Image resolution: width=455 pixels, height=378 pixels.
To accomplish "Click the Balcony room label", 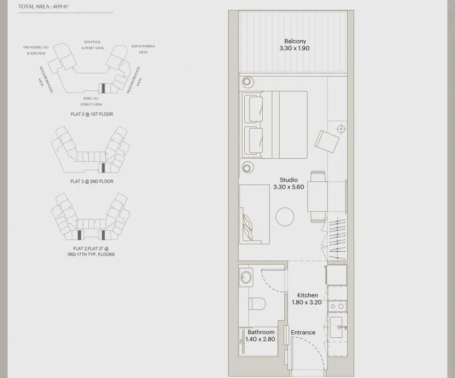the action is point(295,41).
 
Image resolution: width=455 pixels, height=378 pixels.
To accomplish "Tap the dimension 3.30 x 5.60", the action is point(288,187).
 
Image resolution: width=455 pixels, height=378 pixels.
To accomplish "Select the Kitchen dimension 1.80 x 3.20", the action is point(307,302).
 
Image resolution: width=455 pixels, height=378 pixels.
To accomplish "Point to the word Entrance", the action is point(303,333).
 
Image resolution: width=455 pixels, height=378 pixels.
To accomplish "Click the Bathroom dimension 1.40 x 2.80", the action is point(260,339).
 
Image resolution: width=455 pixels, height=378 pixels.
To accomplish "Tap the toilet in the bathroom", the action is point(257,304).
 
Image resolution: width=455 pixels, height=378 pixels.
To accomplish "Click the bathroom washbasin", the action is point(246,277).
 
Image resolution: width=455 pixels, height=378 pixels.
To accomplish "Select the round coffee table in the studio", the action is point(284,217).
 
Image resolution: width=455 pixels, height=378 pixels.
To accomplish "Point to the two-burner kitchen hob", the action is point(337,306).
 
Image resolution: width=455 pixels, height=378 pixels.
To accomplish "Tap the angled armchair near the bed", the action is point(327,141).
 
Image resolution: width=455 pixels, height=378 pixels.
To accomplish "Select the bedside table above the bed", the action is point(247,82).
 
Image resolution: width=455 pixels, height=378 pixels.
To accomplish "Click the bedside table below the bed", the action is point(248,167).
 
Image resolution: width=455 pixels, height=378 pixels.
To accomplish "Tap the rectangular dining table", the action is point(317,197).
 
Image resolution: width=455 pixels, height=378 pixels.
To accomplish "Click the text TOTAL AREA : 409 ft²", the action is point(43,7).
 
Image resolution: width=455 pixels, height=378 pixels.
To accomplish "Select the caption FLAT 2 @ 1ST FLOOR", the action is point(92,114).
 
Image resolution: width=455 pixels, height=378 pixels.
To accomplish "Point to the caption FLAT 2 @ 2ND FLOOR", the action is point(92,181).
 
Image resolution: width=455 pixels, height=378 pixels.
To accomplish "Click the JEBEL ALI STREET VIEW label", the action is point(91,101).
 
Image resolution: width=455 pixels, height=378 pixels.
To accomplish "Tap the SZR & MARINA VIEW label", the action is point(143,49).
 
